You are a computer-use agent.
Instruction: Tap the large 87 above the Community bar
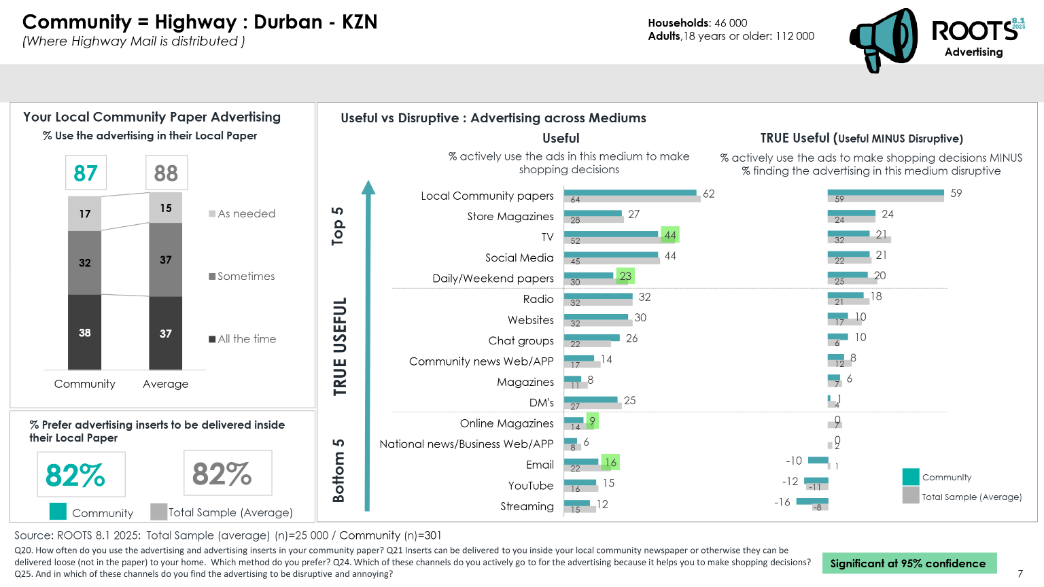pyautogui.click(x=86, y=173)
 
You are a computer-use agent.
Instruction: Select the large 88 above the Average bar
pyautogui.click(x=166, y=173)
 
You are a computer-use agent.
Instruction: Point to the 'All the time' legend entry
pyautogui.click(x=243, y=339)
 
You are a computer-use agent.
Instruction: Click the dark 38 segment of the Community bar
pyautogui.click(x=84, y=332)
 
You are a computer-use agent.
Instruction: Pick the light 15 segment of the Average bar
pyautogui.click(x=166, y=208)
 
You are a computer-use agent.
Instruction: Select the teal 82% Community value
pyautogui.click(x=75, y=475)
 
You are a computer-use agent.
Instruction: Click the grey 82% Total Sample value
pyautogui.click(x=222, y=474)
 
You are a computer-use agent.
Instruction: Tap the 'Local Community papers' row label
pyautogui.click(x=487, y=196)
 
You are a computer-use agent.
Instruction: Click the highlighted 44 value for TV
pyautogui.click(x=670, y=235)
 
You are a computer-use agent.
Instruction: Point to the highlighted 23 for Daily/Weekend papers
pyautogui.click(x=625, y=276)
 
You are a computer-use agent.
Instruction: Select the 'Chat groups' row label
pyautogui.click(x=521, y=340)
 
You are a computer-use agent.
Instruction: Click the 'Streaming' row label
pyautogui.click(x=527, y=506)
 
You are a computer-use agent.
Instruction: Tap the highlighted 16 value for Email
pyautogui.click(x=610, y=463)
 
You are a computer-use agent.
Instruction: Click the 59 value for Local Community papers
pyautogui.click(x=956, y=193)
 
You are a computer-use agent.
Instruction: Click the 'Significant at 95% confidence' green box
pyautogui.click(x=908, y=563)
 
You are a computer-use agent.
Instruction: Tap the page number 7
pyautogui.click(x=1020, y=573)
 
